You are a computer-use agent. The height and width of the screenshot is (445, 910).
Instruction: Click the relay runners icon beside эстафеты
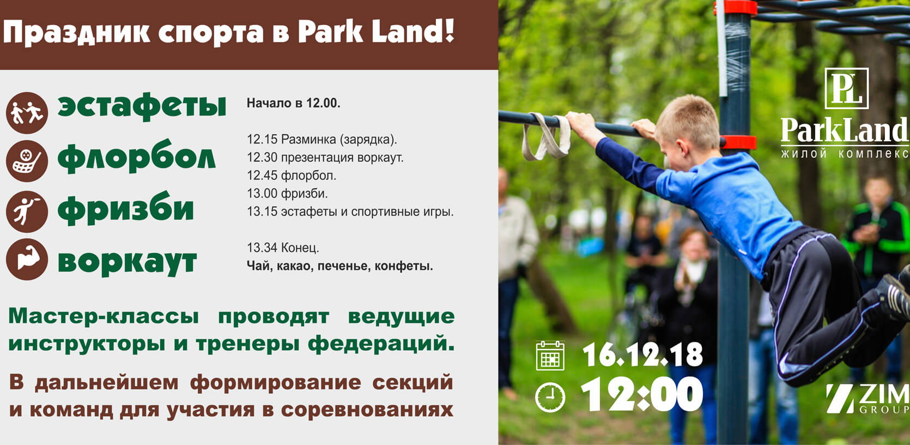(27, 113)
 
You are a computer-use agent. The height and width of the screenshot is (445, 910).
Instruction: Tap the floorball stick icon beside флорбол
(27, 161)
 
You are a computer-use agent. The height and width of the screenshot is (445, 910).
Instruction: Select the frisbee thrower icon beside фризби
(27, 212)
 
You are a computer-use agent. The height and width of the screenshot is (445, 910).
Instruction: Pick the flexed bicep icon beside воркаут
(27, 259)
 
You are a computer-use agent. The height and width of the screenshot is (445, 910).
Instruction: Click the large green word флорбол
(136, 157)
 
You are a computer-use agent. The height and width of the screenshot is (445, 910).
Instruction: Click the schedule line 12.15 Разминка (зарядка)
(321, 140)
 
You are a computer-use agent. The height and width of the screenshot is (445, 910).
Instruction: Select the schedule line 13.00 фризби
(287, 194)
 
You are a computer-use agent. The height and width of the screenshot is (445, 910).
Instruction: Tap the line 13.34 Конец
(283, 248)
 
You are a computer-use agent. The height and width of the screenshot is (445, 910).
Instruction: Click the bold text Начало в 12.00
(293, 103)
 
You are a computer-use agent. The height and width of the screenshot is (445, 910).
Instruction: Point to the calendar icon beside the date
(550, 356)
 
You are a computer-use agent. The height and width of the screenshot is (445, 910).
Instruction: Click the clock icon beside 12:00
(550, 398)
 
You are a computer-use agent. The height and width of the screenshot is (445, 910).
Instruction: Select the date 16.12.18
(642, 355)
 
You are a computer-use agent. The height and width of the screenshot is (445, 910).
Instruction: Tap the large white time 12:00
(642, 394)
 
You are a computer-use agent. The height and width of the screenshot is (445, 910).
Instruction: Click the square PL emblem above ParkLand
(847, 88)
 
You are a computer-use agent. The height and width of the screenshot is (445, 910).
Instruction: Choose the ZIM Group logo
(867, 399)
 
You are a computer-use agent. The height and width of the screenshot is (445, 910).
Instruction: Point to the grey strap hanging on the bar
(546, 136)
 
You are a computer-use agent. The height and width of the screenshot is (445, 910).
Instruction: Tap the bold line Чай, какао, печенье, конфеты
(339, 266)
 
